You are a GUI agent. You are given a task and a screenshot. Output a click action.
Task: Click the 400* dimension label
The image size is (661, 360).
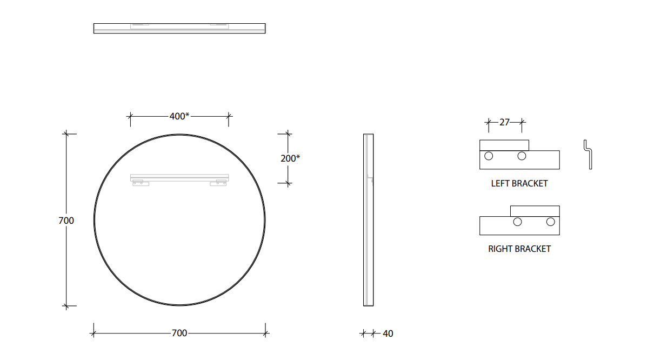tap(179, 116)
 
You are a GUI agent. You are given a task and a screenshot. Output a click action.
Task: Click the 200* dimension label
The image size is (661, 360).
tap(290, 158)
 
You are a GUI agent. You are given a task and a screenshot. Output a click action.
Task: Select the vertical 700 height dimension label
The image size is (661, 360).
tap(66, 221)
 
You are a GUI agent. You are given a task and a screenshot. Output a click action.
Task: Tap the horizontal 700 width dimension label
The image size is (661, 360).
tap(179, 333)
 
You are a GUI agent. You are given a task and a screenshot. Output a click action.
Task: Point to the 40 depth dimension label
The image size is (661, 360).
tap(388, 334)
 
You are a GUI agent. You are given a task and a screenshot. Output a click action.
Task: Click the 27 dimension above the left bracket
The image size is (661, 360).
tap(504, 123)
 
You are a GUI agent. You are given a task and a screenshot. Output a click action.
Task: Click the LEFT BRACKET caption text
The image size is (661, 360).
tap(519, 183)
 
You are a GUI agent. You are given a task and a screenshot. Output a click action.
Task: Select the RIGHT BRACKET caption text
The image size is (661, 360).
tap(519, 249)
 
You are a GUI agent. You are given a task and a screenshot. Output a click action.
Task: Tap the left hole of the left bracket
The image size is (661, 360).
tap(489, 156)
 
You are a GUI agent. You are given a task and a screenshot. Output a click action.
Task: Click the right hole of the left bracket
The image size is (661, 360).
tap(522, 156)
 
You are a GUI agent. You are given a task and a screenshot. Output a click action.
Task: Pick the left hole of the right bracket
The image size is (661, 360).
tap(517, 222)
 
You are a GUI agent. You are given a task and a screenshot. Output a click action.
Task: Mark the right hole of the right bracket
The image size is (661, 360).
tap(550, 222)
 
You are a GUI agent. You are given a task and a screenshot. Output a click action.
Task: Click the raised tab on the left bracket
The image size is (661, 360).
tap(504, 145)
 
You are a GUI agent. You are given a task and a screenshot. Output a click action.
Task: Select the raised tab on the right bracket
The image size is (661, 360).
tap(535, 211)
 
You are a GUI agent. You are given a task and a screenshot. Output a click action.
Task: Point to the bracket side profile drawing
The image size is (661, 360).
tap(587, 155)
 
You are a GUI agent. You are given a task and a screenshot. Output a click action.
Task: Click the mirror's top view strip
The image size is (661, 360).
tap(179, 28)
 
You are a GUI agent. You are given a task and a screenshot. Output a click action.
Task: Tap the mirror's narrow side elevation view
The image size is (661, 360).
tap(368, 219)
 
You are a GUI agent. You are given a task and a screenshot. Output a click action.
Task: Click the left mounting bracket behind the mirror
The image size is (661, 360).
tap(141, 183)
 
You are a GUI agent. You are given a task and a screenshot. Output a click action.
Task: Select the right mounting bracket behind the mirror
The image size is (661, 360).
tap(219, 183)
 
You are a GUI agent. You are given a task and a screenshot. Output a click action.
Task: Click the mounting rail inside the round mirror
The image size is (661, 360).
tap(179, 177)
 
